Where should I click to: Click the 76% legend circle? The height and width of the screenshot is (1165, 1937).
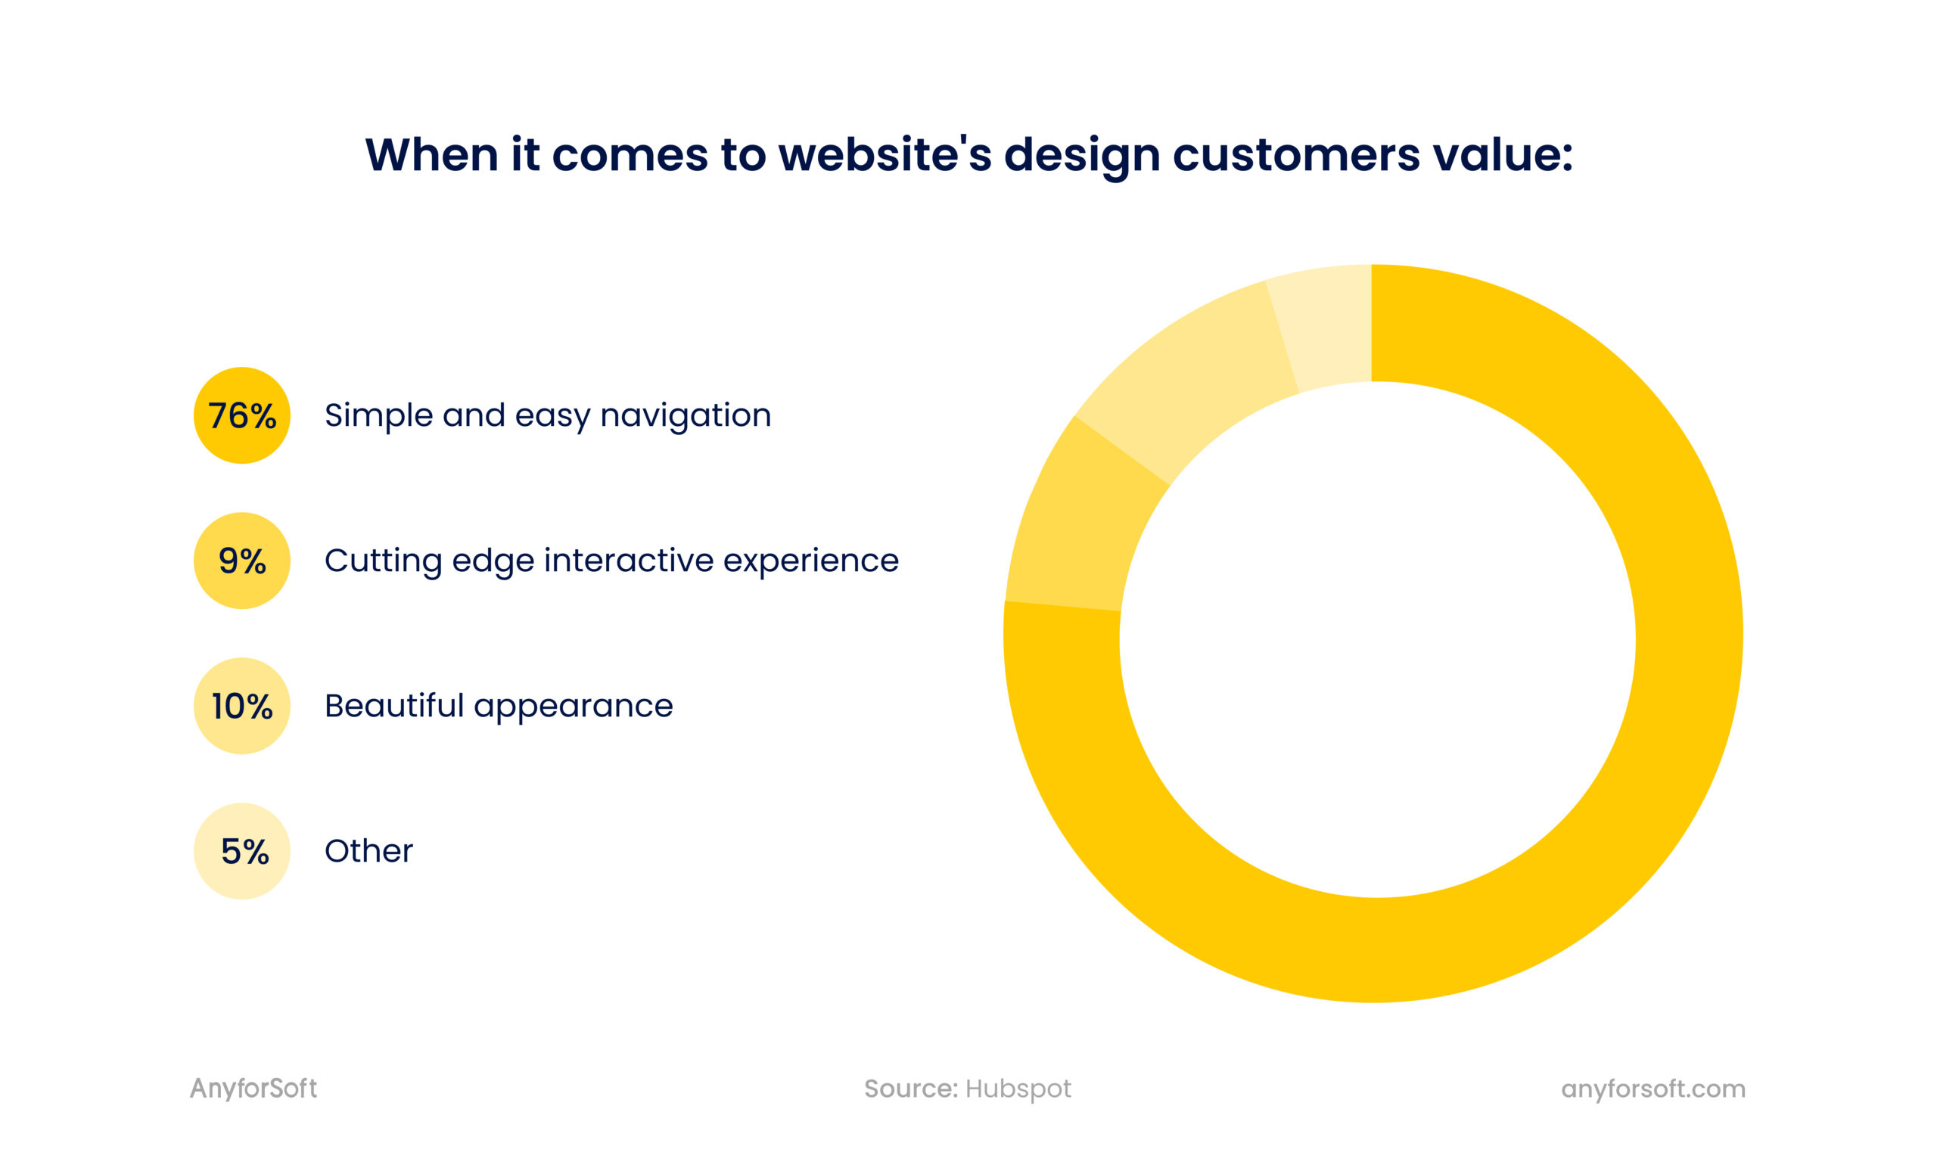(x=242, y=415)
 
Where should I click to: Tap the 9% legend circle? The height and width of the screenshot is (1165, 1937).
(x=242, y=561)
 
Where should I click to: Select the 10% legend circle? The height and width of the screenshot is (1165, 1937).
(x=242, y=706)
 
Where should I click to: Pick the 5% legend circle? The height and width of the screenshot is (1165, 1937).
(x=242, y=851)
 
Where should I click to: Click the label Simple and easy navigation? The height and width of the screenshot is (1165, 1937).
(x=547, y=415)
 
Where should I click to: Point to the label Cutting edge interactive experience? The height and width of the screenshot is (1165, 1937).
(x=611, y=561)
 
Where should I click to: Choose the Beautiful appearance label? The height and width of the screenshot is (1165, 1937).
(x=499, y=706)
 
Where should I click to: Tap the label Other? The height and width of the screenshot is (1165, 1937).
(x=368, y=851)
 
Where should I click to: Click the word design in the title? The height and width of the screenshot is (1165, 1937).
(x=1081, y=154)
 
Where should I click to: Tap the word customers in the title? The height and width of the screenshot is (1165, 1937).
(x=1295, y=154)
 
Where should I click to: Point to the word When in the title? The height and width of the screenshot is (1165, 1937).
(x=431, y=154)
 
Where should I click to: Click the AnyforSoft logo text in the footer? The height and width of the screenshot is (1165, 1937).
(x=253, y=1088)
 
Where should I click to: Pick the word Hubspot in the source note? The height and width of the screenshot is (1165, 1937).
(x=1018, y=1088)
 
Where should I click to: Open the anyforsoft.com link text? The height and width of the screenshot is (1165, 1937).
(x=1653, y=1088)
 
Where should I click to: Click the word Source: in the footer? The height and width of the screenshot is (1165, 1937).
(x=911, y=1088)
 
